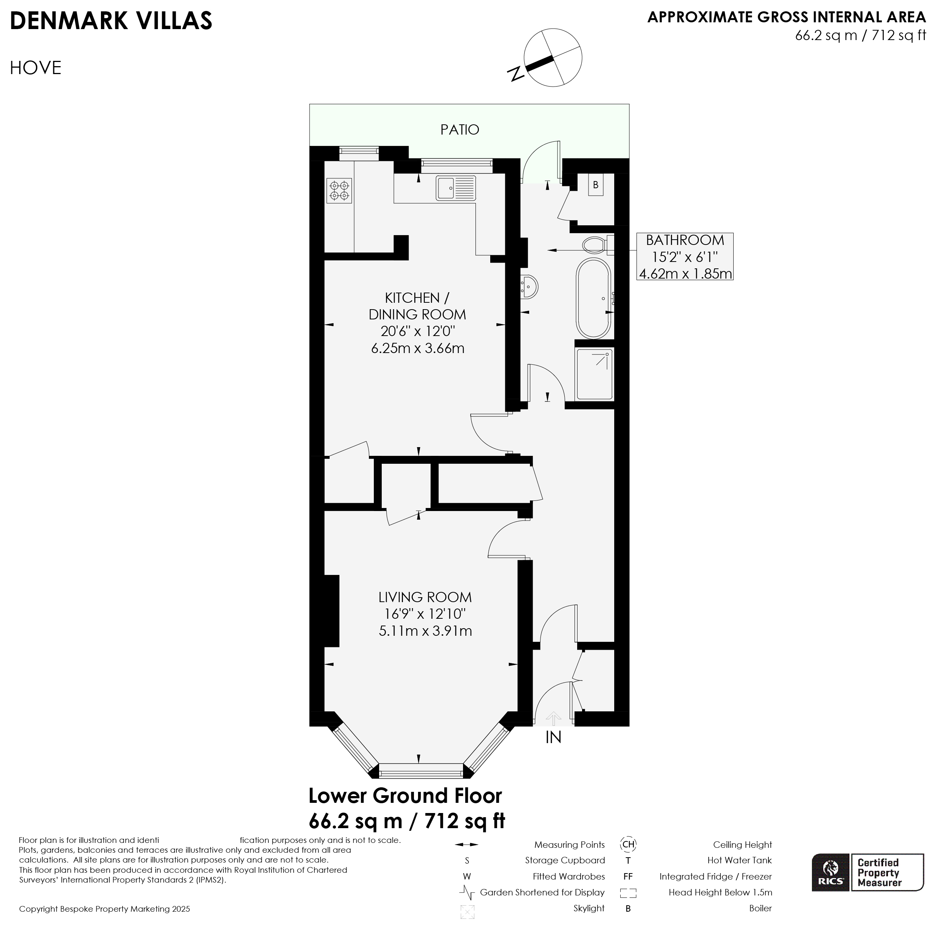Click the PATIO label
click(459, 130)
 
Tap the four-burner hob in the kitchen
click(339, 190)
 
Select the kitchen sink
click(456, 188)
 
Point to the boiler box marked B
click(596, 185)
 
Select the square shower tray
click(594, 374)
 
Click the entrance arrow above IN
click(553, 718)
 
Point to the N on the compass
click(516, 73)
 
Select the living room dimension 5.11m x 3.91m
click(425, 631)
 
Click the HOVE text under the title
click(36, 68)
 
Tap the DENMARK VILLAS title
click(111, 21)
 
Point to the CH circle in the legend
click(628, 844)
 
